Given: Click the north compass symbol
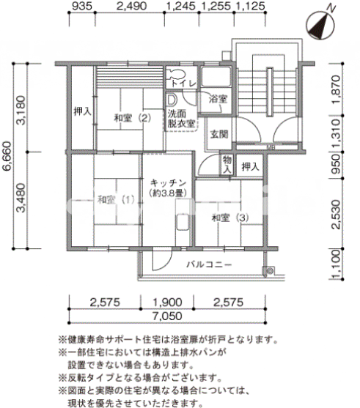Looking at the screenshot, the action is click(x=320, y=25).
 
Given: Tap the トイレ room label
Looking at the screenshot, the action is click(x=183, y=84).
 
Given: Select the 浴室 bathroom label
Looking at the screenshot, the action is click(x=218, y=99).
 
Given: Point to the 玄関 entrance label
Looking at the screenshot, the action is click(x=219, y=134).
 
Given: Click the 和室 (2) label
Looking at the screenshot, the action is click(x=133, y=119).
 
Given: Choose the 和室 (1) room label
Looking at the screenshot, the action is click(x=116, y=200).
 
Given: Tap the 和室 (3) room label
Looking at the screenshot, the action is click(x=230, y=218).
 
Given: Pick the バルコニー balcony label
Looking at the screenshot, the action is click(x=209, y=265).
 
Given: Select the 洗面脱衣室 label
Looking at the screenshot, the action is click(x=181, y=119).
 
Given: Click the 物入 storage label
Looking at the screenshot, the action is click(x=227, y=165).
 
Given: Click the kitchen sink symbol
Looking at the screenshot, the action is click(x=183, y=222).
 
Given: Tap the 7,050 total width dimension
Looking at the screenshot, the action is click(x=167, y=316).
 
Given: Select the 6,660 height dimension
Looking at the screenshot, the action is click(x=7, y=155).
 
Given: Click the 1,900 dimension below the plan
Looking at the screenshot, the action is click(x=167, y=303).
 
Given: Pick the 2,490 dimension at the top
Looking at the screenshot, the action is click(x=131, y=6).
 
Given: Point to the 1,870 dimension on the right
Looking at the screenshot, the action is click(x=337, y=89).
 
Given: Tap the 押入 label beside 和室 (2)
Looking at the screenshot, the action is click(x=83, y=111).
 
